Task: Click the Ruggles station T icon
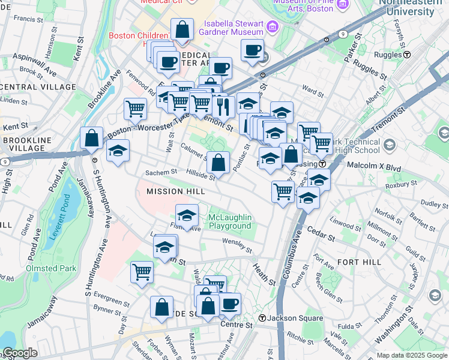coord(407,54)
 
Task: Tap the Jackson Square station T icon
coord(262,317)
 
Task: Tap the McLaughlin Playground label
coord(229,221)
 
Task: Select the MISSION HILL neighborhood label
coord(176,191)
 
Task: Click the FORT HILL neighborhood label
coord(360,262)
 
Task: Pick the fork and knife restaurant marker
coord(223,107)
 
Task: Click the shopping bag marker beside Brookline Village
coord(91,139)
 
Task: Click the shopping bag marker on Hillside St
coord(219,162)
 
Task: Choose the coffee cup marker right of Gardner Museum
coord(253,50)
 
